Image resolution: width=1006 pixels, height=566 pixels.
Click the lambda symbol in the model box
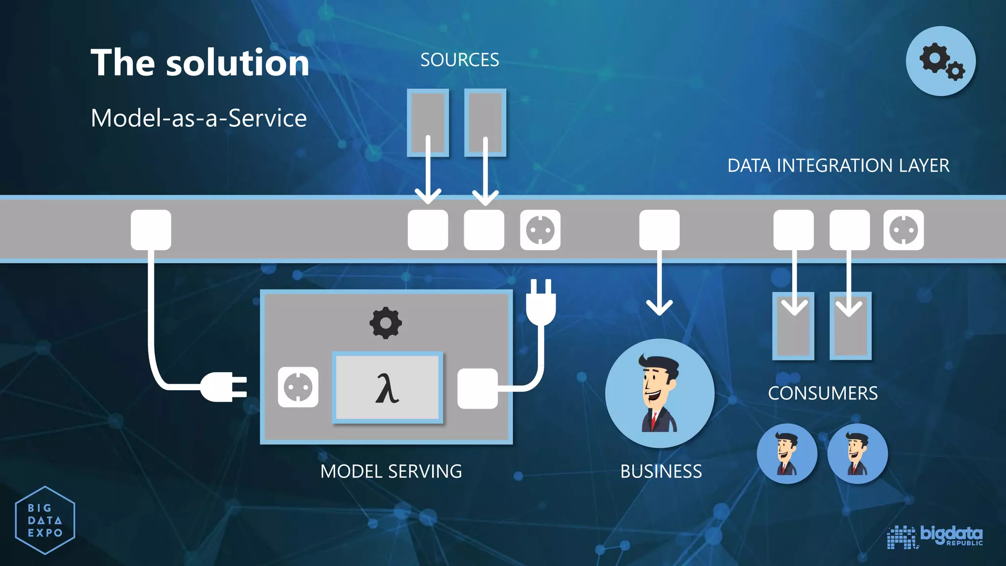pyautogui.click(x=387, y=388)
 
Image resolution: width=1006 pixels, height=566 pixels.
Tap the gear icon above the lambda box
pyautogui.click(x=386, y=323)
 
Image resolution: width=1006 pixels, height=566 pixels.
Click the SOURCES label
pyautogui.click(x=459, y=60)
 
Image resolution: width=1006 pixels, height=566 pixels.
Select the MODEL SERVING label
pyautogui.click(x=391, y=472)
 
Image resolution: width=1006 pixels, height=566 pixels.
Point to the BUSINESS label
pyautogui.click(x=661, y=472)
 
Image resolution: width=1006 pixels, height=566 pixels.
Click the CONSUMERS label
pyautogui.click(x=823, y=394)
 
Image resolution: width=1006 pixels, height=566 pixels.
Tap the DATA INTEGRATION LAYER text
pyautogui.click(x=838, y=166)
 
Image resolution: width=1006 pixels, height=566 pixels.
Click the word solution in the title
pyautogui.click(x=238, y=63)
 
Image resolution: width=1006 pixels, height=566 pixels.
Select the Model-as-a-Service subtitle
pyautogui.click(x=198, y=118)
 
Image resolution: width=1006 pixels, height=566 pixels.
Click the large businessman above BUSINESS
pyautogui.click(x=659, y=393)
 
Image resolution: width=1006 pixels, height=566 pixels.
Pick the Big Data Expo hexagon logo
pyautogui.click(x=45, y=520)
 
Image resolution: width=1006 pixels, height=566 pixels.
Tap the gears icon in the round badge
pyautogui.click(x=941, y=61)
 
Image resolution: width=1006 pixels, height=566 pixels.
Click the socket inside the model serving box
pyautogui.click(x=298, y=387)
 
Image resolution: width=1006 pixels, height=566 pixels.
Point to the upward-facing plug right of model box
pyautogui.click(x=541, y=302)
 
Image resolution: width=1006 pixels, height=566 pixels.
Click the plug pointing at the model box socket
pyautogui.click(x=224, y=387)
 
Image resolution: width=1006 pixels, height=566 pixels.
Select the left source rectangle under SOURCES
pyautogui.click(x=428, y=122)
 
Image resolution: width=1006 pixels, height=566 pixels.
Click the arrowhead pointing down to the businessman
pyautogui.click(x=659, y=307)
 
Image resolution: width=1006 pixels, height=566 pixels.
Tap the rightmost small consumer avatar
pyautogui.click(x=858, y=453)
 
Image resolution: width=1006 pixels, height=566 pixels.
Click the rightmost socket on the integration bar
pyautogui.click(x=903, y=230)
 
